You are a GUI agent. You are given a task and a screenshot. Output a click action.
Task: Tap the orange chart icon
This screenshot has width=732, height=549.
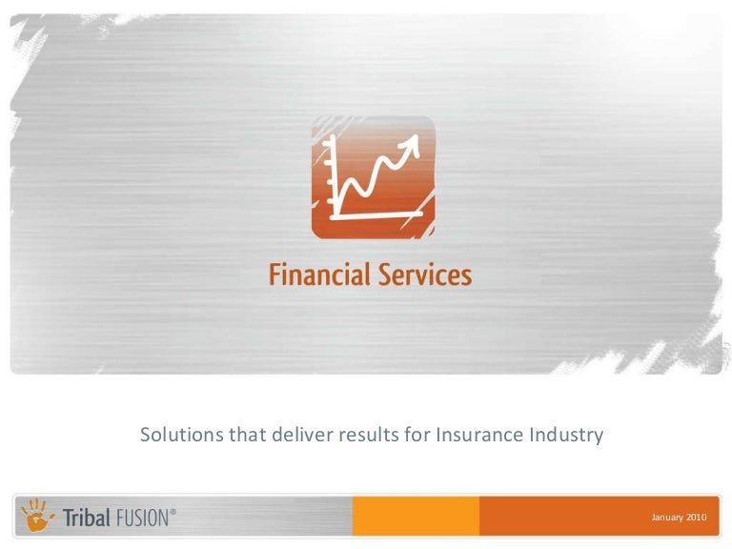[x=373, y=177]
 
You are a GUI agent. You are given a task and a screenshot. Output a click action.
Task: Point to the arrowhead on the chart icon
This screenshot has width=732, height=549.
[x=413, y=144]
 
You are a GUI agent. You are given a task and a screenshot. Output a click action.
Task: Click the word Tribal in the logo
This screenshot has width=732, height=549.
[x=85, y=518]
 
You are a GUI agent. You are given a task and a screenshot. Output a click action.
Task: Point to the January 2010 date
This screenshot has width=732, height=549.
[x=679, y=517]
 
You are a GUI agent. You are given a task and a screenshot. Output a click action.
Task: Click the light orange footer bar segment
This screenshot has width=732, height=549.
[x=415, y=516]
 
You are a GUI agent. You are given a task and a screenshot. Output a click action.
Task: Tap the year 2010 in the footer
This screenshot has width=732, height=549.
[x=696, y=517]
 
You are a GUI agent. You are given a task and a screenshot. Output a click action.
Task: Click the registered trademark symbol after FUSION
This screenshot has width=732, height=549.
[x=173, y=512]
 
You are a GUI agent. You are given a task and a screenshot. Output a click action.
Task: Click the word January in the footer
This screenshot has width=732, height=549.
[x=667, y=517]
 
